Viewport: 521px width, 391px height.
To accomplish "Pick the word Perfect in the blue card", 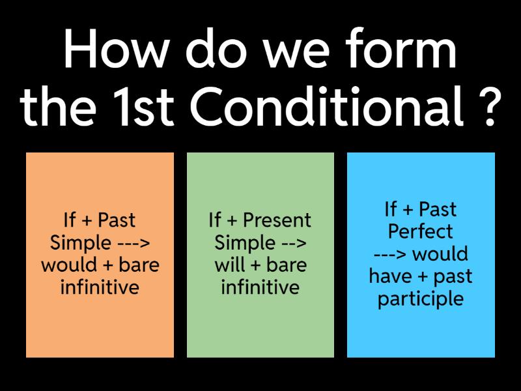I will pos(420,231).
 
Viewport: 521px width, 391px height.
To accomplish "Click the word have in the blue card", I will pos(390,276).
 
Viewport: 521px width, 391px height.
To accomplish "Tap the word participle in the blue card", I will pos(421,298).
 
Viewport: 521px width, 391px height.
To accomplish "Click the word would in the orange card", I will pos(69,265).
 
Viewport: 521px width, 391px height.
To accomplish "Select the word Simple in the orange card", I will pos(80,243).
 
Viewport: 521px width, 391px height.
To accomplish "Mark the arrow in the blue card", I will pos(389,254).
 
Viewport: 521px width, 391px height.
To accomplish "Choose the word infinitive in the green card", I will pos(260,287).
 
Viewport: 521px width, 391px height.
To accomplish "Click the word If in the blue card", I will pos(391,209).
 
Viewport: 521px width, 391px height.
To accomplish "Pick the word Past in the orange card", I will pos(117,220).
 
